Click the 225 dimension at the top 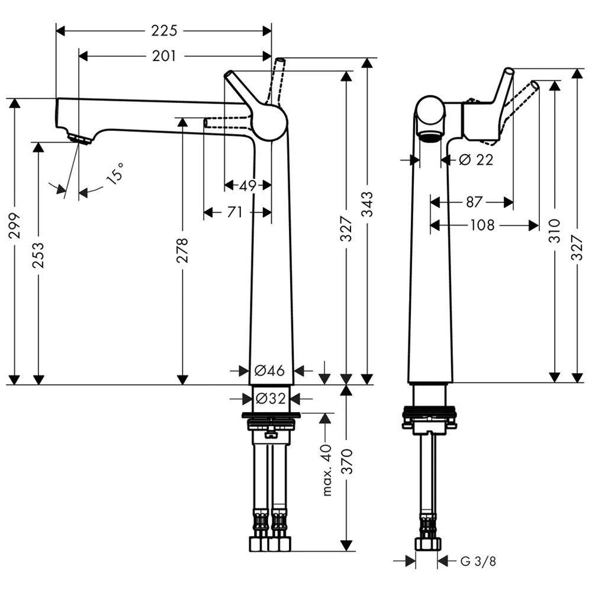(x=164, y=30)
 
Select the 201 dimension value (x=164, y=56)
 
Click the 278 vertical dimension (x=182, y=250)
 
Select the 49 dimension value (x=247, y=185)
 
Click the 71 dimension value (x=235, y=211)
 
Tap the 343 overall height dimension (x=368, y=205)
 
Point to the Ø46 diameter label (x=270, y=371)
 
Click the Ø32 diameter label (x=270, y=398)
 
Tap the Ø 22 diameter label (x=475, y=159)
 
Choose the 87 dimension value (x=474, y=202)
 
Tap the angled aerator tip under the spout (x=79, y=139)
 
